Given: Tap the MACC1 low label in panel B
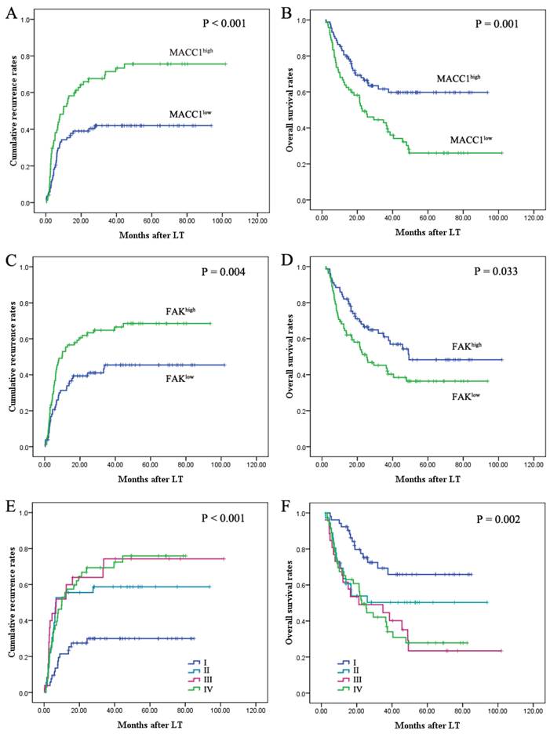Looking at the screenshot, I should (x=473, y=140).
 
